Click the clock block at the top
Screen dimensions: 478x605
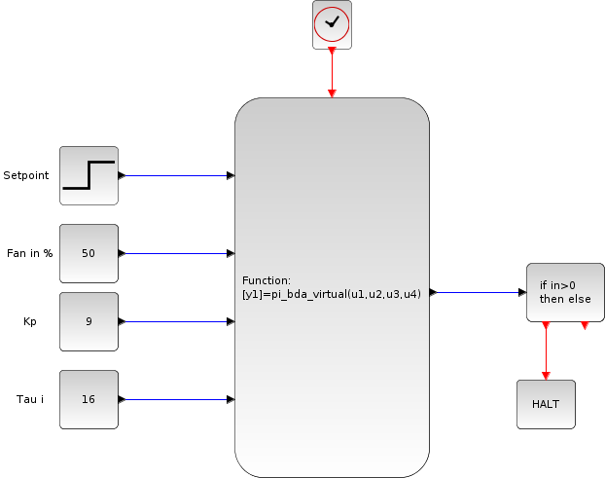click(332, 24)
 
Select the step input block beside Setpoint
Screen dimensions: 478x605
click(89, 175)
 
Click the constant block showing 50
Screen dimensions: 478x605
click(89, 253)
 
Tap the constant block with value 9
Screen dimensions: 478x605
click(89, 321)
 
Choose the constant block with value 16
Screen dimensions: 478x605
click(89, 399)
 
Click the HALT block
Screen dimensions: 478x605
click(546, 404)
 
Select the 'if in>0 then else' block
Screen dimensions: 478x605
click(565, 292)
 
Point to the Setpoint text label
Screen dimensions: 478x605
click(26, 175)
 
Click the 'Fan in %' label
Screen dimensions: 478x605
click(28, 253)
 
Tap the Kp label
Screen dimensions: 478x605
click(29, 321)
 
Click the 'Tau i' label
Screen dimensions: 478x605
click(30, 399)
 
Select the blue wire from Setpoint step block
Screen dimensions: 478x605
click(175, 175)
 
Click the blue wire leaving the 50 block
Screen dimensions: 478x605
click(175, 253)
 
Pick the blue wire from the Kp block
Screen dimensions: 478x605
click(175, 321)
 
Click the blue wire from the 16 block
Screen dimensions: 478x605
click(175, 399)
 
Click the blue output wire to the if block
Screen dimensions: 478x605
click(477, 292)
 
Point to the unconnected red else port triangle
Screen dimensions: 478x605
click(585, 325)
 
